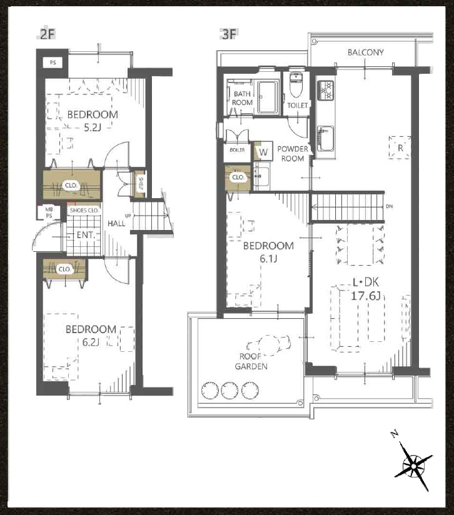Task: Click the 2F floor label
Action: tap(47, 34)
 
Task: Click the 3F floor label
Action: tap(230, 34)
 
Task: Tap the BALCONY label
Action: tap(365, 52)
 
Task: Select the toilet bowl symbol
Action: tap(296, 85)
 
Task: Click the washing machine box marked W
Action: tap(263, 152)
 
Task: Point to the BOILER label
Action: tap(237, 150)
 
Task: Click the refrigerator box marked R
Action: tap(400, 147)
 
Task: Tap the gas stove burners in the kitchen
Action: tap(326, 91)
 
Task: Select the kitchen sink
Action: tap(325, 138)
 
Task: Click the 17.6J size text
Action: tap(366, 296)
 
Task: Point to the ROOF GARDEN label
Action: tap(251, 361)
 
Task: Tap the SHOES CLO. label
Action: tap(84, 210)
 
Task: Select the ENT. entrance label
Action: tap(86, 235)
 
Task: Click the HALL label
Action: tap(116, 223)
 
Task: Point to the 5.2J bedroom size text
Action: tap(93, 127)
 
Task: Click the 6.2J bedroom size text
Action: tap(91, 342)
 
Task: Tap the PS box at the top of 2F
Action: tap(53, 62)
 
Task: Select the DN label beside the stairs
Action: tap(389, 206)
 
